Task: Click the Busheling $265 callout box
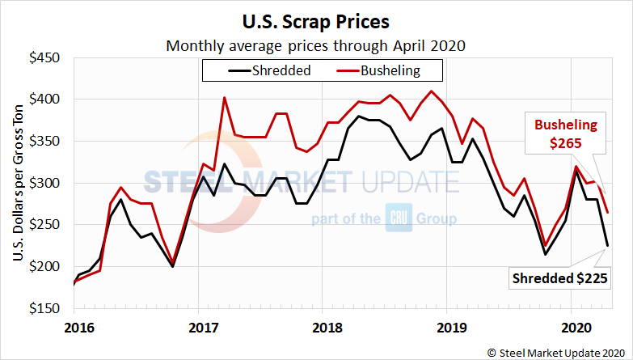(565, 134)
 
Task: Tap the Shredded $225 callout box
(559, 279)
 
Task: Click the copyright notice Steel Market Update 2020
(556, 351)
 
